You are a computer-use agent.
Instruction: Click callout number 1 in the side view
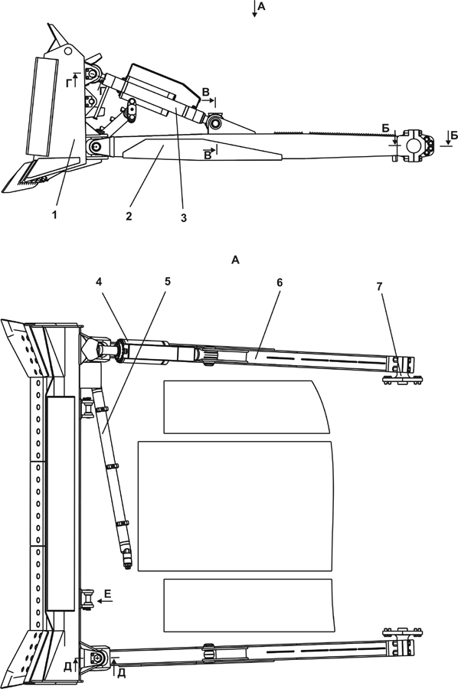point(54,215)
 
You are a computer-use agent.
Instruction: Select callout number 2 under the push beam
point(129,216)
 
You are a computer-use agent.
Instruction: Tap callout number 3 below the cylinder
point(183,217)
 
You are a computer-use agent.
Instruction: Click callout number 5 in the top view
point(168,281)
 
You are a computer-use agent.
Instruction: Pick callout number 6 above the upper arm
point(279,283)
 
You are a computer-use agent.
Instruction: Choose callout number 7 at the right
point(379,286)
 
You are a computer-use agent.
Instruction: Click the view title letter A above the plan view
point(235,260)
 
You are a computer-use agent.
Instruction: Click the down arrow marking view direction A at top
point(254,8)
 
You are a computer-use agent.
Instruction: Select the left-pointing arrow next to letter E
point(105,602)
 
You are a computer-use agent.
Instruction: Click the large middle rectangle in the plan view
point(235,506)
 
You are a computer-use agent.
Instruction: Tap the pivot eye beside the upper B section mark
point(215,122)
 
